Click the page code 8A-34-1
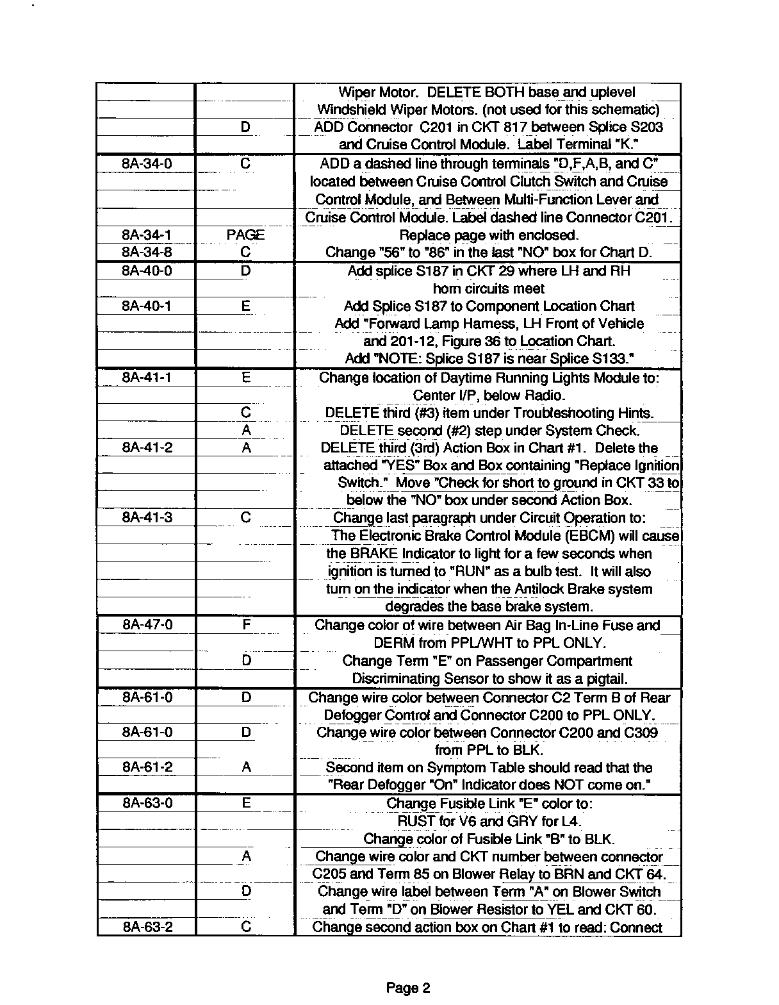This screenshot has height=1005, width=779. tap(147, 235)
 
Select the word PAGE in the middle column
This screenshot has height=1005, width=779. tap(245, 235)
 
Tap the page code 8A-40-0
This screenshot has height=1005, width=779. tap(147, 271)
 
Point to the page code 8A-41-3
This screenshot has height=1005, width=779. tap(147, 518)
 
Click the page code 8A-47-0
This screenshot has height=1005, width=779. tap(147, 625)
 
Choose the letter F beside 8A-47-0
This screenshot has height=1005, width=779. tap(246, 625)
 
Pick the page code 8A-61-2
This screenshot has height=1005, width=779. tap(147, 767)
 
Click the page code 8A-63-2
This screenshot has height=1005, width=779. tap(147, 927)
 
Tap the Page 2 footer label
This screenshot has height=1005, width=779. tap(408, 988)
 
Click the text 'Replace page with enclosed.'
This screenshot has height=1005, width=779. tap(488, 235)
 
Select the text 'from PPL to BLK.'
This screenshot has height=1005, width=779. tap(488, 750)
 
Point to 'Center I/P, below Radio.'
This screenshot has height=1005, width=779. tap(489, 395)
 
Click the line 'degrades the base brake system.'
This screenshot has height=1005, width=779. tap(489, 606)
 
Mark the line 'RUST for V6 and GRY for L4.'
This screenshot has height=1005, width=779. tap(489, 821)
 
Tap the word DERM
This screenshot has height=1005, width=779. tap(393, 643)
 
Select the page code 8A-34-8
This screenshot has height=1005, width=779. tap(147, 253)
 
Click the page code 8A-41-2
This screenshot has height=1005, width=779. tap(147, 448)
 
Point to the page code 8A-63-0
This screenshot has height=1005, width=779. tap(147, 803)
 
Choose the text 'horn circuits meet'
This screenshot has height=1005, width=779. tap(488, 288)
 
